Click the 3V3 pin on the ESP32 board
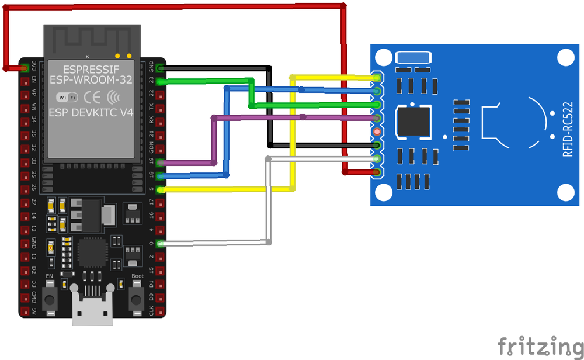tap(25, 68)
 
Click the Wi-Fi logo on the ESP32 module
tap(67, 96)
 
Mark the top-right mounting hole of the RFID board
tap(565, 57)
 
